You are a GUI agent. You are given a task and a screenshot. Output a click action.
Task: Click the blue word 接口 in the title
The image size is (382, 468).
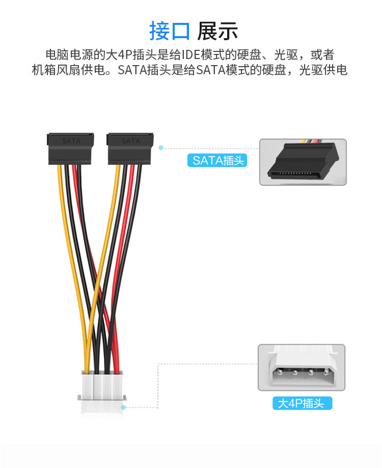169,31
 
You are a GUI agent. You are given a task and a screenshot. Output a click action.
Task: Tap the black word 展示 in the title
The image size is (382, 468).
217,31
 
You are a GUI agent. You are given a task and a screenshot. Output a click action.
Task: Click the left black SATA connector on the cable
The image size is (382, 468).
71,149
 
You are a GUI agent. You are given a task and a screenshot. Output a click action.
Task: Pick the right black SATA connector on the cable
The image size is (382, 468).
130,149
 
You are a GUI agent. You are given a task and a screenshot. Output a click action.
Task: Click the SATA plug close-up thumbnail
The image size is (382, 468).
303,162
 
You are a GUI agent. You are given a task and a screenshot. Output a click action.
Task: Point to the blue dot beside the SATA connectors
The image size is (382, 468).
161,148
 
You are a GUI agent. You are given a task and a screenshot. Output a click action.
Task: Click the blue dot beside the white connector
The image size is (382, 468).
124,407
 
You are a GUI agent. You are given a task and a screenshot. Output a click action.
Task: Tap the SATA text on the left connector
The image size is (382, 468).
71,140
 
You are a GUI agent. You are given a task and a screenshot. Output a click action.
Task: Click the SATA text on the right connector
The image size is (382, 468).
130,140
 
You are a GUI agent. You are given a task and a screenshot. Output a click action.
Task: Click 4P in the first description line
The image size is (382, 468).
124,55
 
